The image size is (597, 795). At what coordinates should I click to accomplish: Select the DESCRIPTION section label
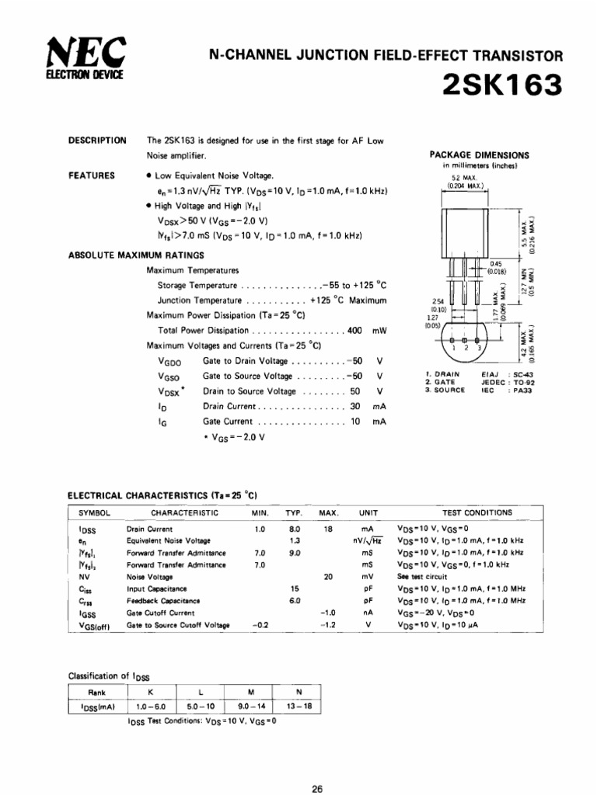point(97,141)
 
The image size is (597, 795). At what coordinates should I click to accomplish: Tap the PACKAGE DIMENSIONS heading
point(479,154)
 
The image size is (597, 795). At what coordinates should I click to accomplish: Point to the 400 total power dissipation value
point(354,330)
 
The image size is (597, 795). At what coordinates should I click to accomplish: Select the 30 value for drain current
point(354,406)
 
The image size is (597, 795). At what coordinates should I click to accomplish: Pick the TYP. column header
point(294,513)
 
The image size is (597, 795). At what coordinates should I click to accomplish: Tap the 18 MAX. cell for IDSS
point(328,529)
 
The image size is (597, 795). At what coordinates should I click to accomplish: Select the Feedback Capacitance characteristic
point(163,600)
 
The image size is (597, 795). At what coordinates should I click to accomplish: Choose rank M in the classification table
point(250,693)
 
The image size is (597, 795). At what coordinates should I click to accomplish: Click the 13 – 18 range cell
point(299,707)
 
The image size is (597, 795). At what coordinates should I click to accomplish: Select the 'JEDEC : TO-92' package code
point(508,382)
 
